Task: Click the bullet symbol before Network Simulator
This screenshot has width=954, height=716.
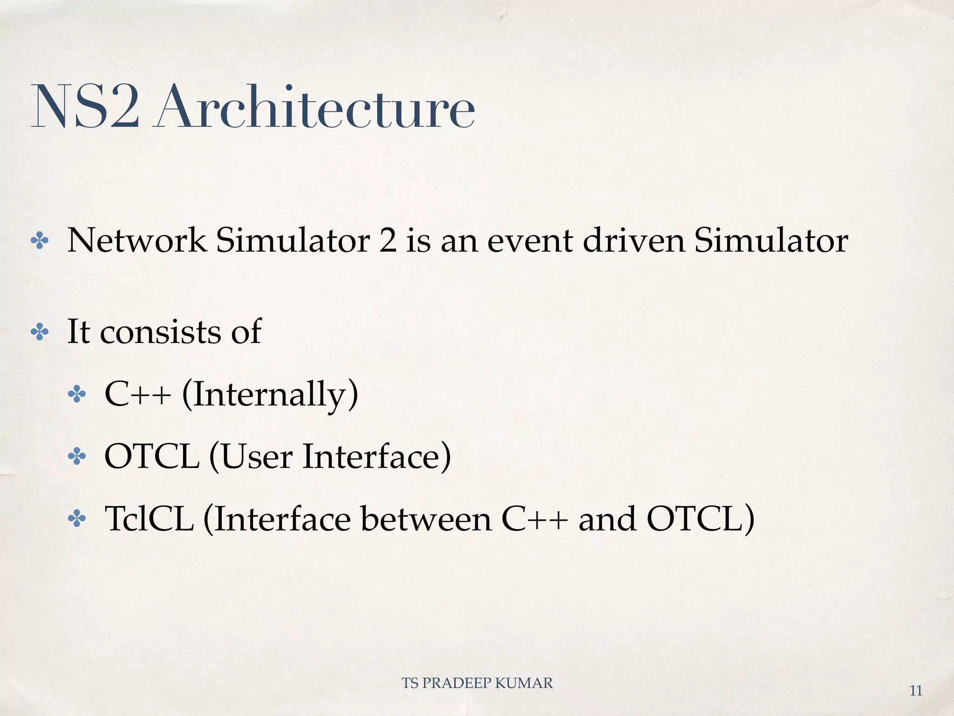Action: [39, 241]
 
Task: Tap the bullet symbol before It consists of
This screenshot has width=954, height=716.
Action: [39, 332]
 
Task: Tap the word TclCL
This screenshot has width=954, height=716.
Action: [149, 519]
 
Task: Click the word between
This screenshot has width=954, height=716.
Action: [426, 519]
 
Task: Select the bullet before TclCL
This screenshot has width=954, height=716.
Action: [76, 519]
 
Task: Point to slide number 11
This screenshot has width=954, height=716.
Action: [916, 691]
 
